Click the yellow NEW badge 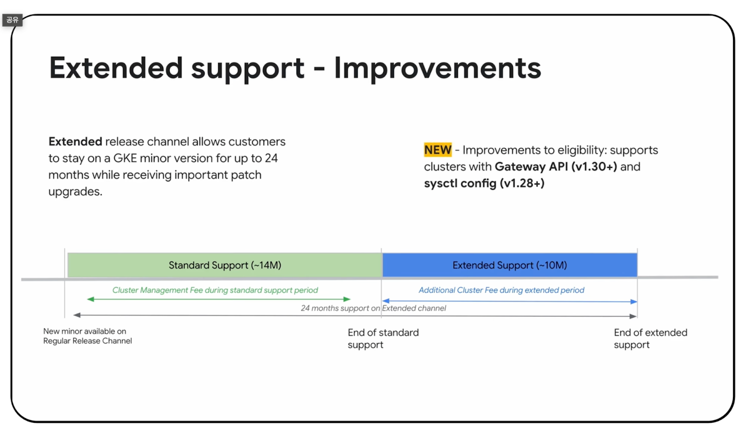[438, 150]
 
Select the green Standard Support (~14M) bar [225, 265]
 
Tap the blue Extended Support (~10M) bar [510, 265]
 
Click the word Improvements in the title [438, 68]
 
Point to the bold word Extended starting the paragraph [75, 141]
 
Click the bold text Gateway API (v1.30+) [556, 166]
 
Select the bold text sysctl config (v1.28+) [484, 183]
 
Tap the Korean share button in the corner [12, 20]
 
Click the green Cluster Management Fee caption [215, 290]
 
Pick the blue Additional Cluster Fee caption [501, 290]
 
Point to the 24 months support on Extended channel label [373, 308]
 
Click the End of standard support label [383, 338]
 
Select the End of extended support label [650, 338]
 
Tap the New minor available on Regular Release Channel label [88, 336]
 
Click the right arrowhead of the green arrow [347, 299]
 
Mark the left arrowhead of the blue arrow [386, 301]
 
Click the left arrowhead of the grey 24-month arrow [77, 315]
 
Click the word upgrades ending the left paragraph [75, 192]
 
